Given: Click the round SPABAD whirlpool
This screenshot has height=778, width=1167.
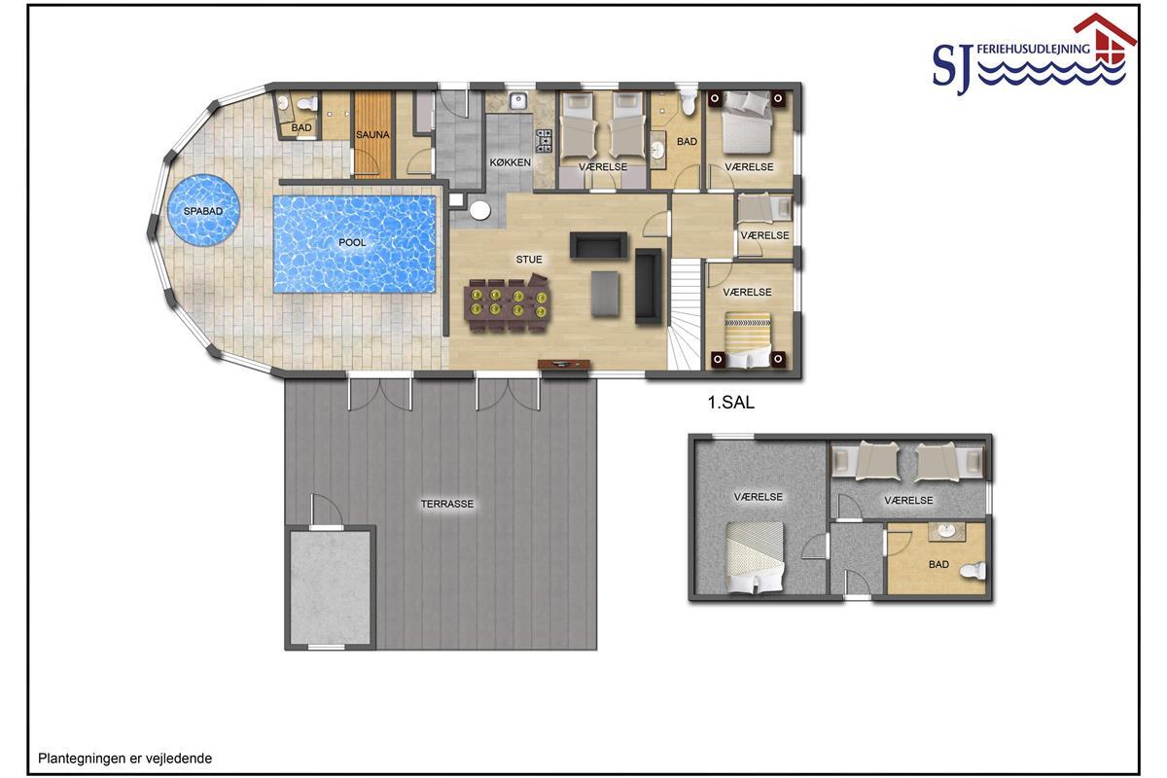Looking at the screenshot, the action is pyautogui.click(x=203, y=210).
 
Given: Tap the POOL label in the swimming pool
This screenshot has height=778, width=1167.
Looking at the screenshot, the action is pyautogui.click(x=352, y=242).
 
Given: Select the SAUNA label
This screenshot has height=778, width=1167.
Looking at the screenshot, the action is pyautogui.click(x=372, y=134).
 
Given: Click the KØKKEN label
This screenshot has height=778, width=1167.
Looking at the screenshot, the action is pyautogui.click(x=510, y=162).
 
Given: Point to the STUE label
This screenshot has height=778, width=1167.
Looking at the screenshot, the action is pyautogui.click(x=529, y=259).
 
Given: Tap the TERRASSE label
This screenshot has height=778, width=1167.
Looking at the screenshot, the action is pyautogui.click(x=447, y=504).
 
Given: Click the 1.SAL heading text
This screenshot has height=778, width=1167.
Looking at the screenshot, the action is pyautogui.click(x=731, y=403).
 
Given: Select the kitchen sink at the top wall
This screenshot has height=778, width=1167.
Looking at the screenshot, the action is pyautogui.click(x=519, y=100).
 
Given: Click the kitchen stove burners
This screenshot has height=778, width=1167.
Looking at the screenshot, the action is pyautogui.click(x=544, y=141).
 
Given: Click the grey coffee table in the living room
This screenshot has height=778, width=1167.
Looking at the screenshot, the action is pyautogui.click(x=605, y=294).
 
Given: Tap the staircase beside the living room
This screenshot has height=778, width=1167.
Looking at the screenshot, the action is pyautogui.click(x=685, y=315).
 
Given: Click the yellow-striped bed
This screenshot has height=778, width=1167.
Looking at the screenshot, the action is pyautogui.click(x=748, y=339).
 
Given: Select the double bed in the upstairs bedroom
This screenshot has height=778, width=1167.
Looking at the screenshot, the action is pyautogui.click(x=755, y=557).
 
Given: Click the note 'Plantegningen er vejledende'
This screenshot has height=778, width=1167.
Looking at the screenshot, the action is pyautogui.click(x=125, y=759).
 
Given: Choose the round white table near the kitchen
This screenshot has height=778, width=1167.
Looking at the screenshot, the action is pyautogui.click(x=479, y=210).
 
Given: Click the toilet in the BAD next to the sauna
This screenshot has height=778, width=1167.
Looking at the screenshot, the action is pyautogui.click(x=307, y=103).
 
